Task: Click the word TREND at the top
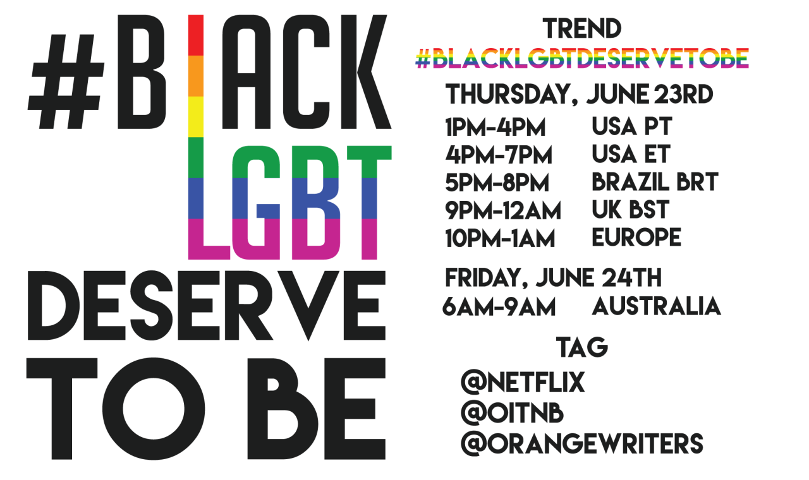582,28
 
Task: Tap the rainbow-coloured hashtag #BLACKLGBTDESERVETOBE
582,58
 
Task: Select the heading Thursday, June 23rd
580,95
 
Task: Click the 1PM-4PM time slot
495,127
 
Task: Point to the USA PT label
631,126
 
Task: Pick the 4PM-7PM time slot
499,155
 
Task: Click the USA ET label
631,153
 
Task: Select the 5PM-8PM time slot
497,183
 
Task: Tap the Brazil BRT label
655,181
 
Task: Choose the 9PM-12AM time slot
503,210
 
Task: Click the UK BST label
631,209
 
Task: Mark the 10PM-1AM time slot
500,238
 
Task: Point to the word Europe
636,237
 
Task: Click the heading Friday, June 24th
553,278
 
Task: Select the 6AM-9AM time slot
499,307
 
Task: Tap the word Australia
656,306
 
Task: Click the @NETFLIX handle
522,382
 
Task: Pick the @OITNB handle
512,413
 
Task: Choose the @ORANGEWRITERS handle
582,443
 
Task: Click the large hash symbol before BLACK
66,81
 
